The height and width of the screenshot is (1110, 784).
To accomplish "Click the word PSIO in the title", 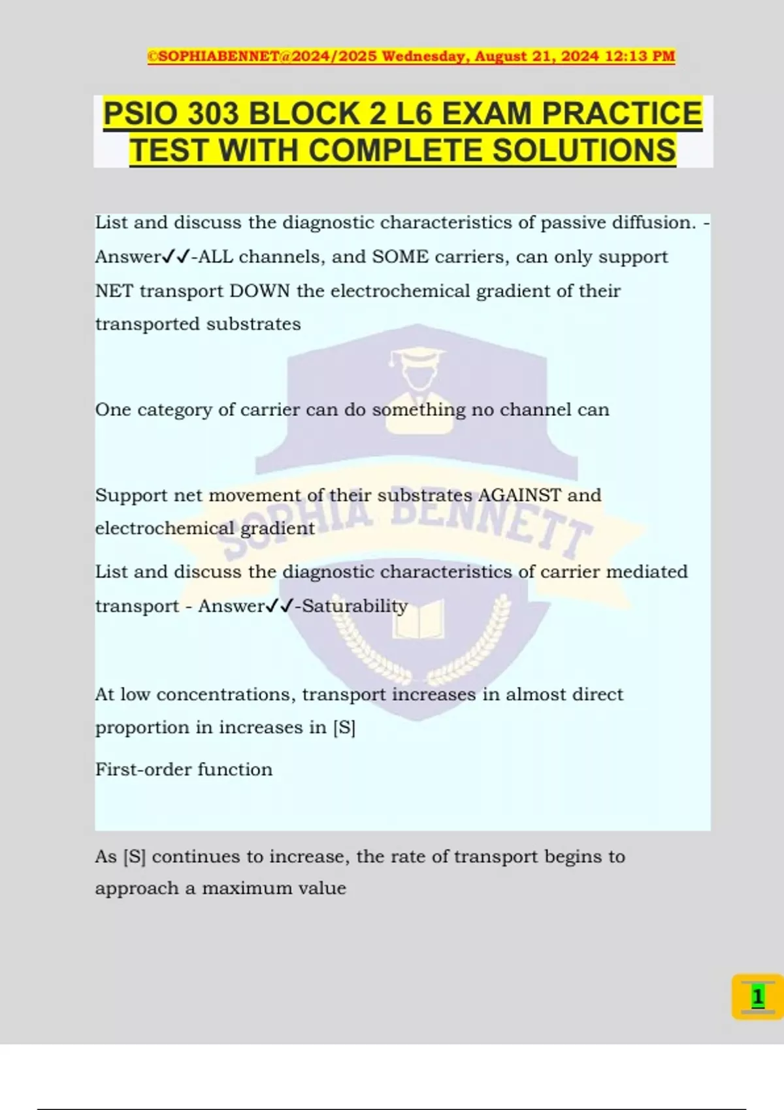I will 140,114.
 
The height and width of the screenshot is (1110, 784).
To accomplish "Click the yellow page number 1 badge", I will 757,997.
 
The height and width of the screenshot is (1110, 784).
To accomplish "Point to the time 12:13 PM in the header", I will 640,56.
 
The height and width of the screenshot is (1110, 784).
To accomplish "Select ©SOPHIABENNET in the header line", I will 213,56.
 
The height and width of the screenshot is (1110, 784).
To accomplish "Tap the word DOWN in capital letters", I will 259,291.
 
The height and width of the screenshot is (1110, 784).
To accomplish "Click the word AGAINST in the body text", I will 519,495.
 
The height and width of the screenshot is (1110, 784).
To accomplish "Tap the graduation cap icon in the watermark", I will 416,358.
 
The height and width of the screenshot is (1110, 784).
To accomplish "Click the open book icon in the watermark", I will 418,619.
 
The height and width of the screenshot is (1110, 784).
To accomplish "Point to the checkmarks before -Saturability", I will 280,606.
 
